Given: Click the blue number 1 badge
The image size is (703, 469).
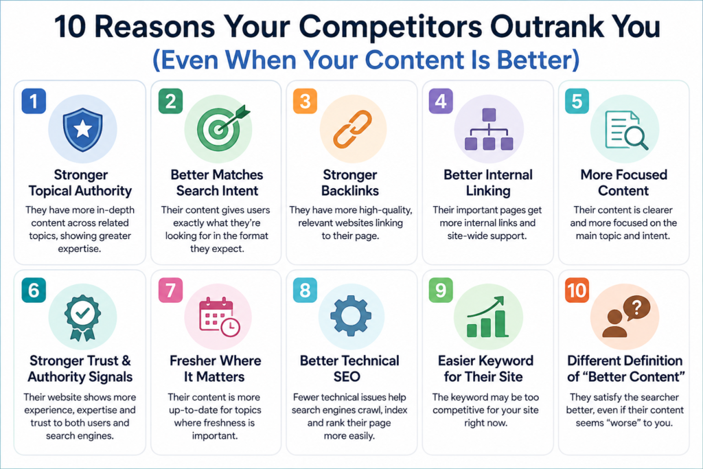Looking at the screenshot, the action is (34, 102).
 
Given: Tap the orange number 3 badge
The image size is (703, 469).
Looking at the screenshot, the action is (306, 102).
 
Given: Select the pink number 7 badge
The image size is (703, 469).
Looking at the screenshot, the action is (171, 290).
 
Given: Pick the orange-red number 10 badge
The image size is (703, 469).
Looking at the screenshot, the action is (577, 290).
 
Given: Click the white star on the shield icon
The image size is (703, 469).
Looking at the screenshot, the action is (82, 129).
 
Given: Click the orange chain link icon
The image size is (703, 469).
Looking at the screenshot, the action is (352, 130).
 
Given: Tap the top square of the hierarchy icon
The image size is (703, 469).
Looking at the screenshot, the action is (489, 115).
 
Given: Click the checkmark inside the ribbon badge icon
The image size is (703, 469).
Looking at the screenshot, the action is (82, 312).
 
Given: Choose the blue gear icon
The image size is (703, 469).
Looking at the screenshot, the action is (351, 316).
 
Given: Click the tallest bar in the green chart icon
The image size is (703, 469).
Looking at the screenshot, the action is (500, 323).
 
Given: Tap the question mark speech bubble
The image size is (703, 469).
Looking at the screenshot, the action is (636, 308).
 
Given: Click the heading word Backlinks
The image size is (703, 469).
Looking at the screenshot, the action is (350, 191).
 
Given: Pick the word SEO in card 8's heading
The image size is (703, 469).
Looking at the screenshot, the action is (347, 376).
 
